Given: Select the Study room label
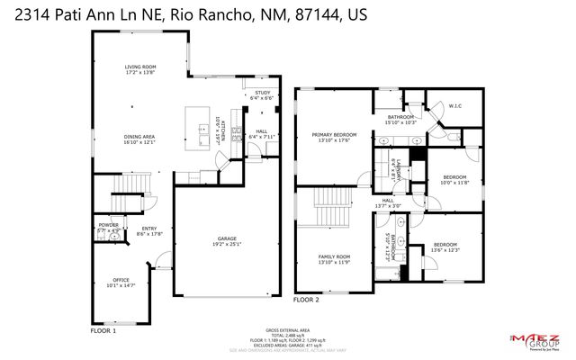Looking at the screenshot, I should [x=262, y=95].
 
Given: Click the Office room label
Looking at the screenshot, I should [x=121, y=282].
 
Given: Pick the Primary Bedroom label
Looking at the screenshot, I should [x=334, y=137].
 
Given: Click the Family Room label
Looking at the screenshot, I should [x=333, y=259].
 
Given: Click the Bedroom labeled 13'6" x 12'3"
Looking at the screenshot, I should [x=445, y=247].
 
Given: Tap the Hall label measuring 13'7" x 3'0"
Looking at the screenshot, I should [x=388, y=202].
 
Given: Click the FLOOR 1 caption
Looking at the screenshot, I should [x=103, y=331].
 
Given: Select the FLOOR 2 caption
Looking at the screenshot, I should [x=307, y=298].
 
